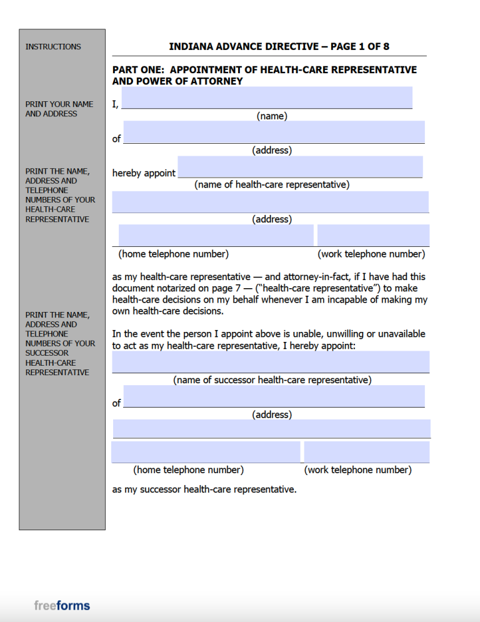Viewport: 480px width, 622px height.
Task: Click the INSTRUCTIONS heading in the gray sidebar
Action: click(53, 46)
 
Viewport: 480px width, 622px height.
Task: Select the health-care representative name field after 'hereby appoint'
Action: click(300, 167)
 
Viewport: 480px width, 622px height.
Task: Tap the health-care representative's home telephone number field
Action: click(216, 235)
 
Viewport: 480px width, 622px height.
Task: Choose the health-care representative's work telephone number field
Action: click(373, 235)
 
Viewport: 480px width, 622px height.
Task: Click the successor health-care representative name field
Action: click(271, 361)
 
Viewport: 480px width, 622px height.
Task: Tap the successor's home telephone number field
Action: click(206, 452)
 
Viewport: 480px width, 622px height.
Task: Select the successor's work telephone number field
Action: click(367, 452)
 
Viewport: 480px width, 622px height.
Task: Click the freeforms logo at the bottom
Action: click(62, 605)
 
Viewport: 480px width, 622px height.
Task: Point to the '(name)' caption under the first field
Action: click(272, 116)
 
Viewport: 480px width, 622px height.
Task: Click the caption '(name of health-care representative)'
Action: click(272, 184)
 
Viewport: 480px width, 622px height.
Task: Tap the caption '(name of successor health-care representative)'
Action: click(272, 379)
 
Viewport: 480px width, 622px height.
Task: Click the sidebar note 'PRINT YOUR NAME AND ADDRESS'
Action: click(59, 109)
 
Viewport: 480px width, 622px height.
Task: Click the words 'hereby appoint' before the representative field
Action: click(144, 173)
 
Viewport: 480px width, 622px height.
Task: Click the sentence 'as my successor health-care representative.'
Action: click(204, 489)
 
